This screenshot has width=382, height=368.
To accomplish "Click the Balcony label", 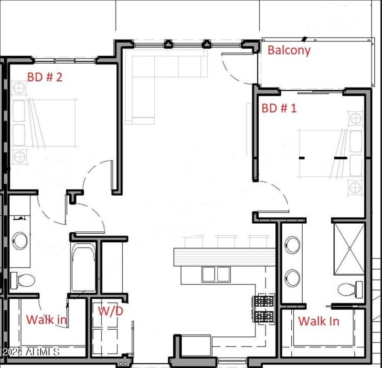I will [289, 50].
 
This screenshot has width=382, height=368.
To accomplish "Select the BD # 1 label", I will [279, 108].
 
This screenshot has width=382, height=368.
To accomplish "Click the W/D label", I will [110, 311].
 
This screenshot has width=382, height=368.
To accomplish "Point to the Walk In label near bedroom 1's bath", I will [318, 321].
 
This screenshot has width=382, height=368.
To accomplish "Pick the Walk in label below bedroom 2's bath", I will [46, 319].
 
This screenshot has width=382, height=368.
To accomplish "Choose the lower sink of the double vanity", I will [292, 277].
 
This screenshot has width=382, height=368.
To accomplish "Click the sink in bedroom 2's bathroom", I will [20, 240].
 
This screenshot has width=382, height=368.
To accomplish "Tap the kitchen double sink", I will [216, 274].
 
